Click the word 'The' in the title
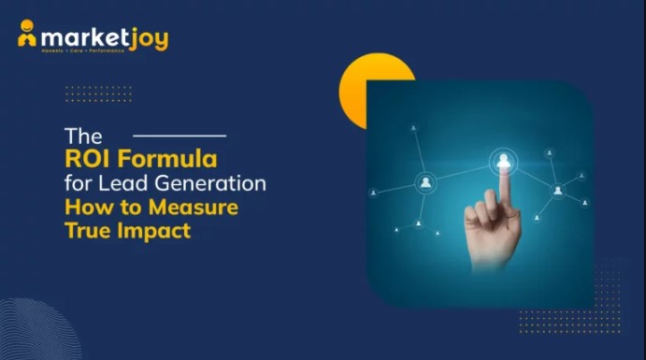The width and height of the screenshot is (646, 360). [82, 136]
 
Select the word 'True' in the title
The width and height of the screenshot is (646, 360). [87, 229]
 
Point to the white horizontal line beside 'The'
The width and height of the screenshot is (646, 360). [179, 136]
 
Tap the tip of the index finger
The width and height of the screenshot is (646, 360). [504, 177]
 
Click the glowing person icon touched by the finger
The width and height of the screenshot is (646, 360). [504, 161]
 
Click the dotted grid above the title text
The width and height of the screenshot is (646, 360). [98, 94]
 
